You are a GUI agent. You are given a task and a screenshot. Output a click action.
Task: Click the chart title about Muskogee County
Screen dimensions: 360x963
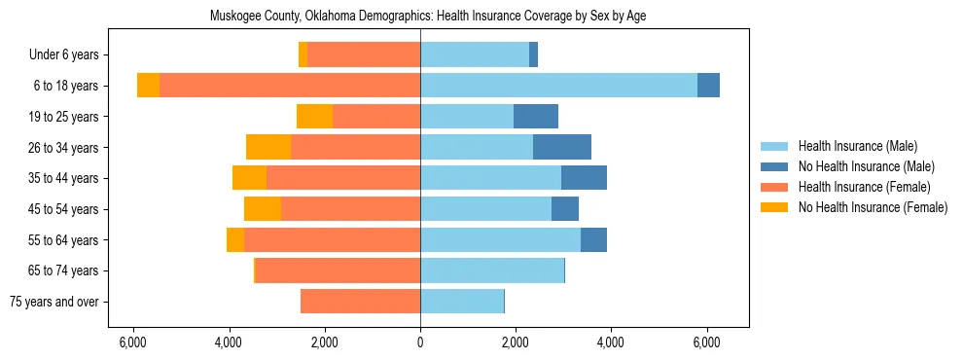pos(428,16)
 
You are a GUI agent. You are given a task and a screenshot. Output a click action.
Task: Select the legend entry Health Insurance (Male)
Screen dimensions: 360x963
pos(857,147)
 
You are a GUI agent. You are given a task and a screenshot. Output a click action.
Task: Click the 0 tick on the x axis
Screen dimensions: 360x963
pos(420,342)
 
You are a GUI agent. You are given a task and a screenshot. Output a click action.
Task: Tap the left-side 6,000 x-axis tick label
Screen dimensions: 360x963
pos(133,342)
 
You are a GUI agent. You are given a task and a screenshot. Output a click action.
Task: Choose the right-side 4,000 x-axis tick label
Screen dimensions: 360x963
pos(611,342)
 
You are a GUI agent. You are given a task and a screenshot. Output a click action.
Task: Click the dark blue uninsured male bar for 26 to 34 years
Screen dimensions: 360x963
pos(562,148)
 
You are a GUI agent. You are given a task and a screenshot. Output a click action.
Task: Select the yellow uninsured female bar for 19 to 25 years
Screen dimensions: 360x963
pos(314,117)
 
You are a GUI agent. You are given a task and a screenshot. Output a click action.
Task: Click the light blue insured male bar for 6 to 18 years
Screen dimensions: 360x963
pos(558,86)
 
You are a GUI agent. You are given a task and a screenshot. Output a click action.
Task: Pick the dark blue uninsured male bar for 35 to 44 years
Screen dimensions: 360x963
pos(584,178)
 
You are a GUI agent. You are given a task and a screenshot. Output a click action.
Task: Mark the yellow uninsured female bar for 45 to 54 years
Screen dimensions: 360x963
pos(263,209)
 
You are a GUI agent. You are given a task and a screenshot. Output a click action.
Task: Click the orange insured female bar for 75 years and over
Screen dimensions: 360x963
pos(360,302)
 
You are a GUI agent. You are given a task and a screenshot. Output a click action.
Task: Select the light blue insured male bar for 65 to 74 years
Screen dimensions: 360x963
pos(492,270)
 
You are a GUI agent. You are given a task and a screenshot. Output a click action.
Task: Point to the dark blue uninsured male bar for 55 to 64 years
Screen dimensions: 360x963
pos(593,240)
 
